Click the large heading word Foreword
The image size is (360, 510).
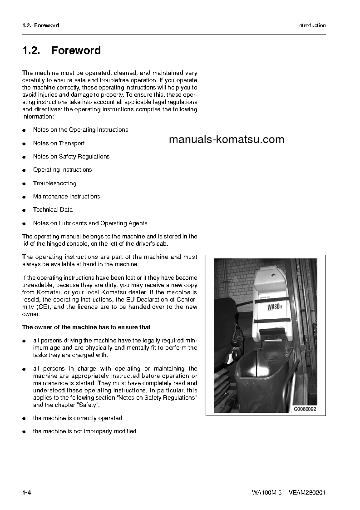[76, 50]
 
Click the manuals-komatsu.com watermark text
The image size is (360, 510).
[227, 139]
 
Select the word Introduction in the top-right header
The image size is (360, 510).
[311, 25]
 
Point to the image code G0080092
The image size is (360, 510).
[305, 409]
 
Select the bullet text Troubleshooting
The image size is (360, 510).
[54, 183]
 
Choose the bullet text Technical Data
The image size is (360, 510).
[53, 210]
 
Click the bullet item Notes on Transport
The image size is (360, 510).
[59, 143]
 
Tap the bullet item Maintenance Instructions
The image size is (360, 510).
[66, 197]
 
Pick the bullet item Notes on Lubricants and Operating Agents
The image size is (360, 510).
[90, 223]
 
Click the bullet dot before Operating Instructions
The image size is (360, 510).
[24, 170]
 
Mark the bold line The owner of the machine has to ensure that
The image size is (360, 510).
[86, 327]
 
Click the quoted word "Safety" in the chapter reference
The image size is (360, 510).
[90, 405]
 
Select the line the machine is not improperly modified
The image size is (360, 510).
[85, 431]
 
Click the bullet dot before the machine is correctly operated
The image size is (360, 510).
[24, 419]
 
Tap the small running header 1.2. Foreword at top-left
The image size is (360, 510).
[41, 25]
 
